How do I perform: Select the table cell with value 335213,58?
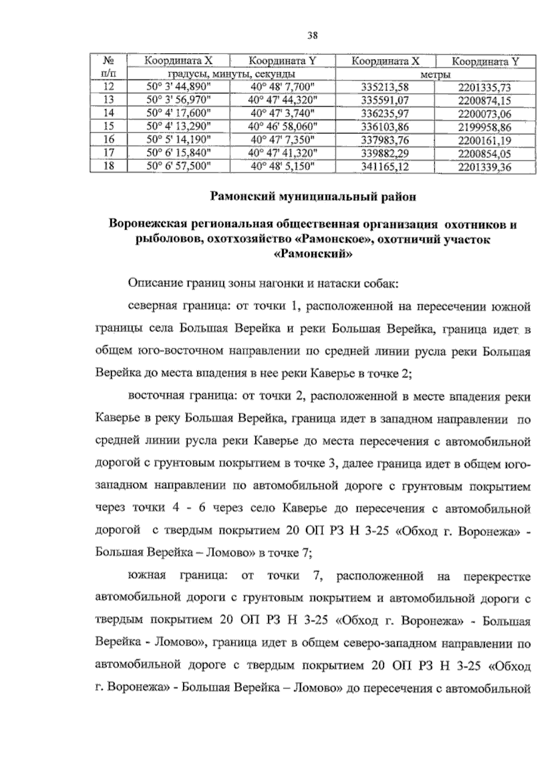pos(385,88)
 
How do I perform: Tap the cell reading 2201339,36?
pos(485,167)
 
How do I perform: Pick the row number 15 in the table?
pos(108,127)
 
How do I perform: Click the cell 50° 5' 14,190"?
pos(178,140)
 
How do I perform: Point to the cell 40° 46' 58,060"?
pos(283,127)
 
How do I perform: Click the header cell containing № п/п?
pos(108,67)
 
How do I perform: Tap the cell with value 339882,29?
pos(385,153)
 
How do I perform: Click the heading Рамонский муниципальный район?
pos(313,197)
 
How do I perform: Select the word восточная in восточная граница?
pos(155,396)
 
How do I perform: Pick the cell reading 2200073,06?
pos(485,114)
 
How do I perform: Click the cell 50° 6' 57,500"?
pos(178,167)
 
